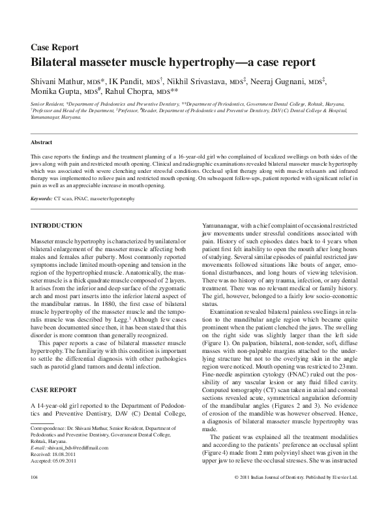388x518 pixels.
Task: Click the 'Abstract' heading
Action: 42,142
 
